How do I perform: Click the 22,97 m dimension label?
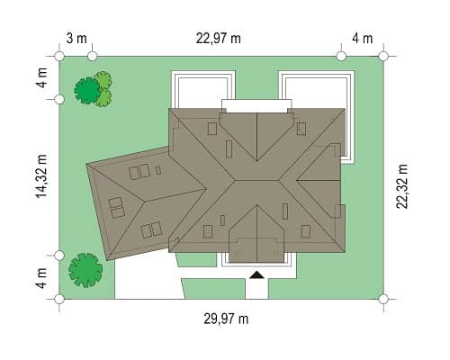(219, 39)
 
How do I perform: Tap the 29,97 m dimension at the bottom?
(226, 319)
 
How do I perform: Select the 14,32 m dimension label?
(41, 176)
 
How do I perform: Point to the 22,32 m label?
(402, 186)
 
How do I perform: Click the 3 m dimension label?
(76, 39)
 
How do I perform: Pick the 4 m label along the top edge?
(363, 39)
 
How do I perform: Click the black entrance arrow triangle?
(257, 274)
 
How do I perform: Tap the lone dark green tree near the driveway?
(85, 270)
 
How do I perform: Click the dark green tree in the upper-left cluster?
(87, 91)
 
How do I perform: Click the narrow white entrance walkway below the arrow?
(256, 289)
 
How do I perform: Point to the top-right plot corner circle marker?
(383, 56)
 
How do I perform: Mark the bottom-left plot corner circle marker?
(59, 299)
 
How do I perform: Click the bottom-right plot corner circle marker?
(383, 299)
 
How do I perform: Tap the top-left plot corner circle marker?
(59, 56)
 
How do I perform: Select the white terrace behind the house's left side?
(202, 89)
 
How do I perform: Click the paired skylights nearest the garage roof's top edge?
(139, 172)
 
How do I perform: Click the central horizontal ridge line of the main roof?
(257, 181)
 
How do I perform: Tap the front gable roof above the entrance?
(256, 235)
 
